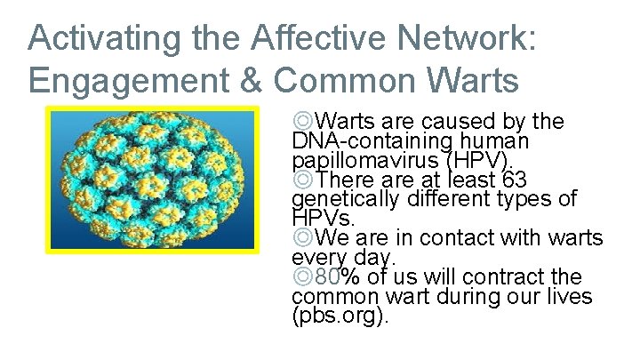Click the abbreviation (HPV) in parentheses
coord(481,160)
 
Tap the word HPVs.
coord(323,218)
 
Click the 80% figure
coord(332,277)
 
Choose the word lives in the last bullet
coord(567,297)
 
